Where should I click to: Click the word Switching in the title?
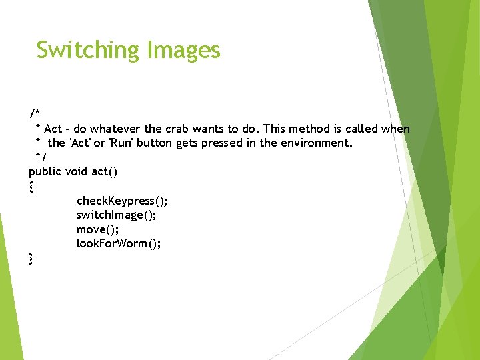(88, 50)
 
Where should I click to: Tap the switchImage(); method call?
(117, 215)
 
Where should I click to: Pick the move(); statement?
(97, 229)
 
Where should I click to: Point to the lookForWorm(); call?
(119, 243)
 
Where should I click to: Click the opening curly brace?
(31, 187)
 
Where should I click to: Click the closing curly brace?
(31, 258)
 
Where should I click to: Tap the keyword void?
(77, 171)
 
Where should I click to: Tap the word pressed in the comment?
(215, 143)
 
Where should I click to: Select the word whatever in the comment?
(115, 129)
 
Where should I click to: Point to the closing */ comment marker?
(41, 157)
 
